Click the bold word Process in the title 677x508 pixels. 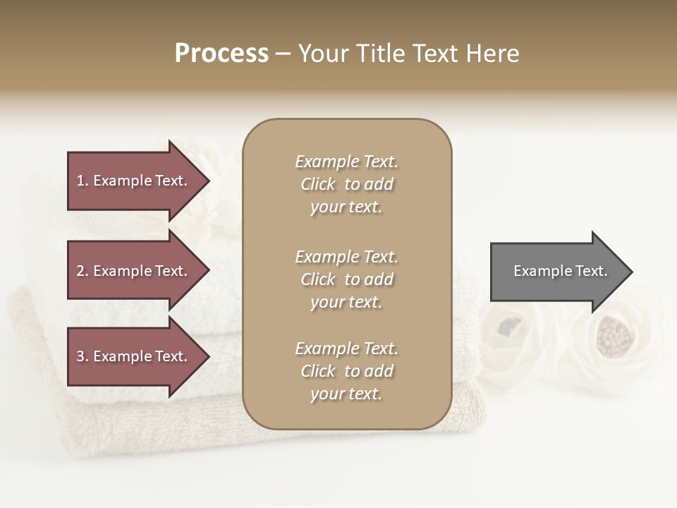[221, 54]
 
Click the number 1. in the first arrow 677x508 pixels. [83, 181]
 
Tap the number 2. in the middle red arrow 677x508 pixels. [83, 271]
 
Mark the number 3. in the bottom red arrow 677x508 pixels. [83, 356]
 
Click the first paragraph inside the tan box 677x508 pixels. [346, 184]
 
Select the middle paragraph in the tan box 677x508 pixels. [346, 279]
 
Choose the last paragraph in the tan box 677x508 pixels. [346, 371]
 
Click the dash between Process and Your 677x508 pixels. [283, 54]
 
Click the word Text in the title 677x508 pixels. [435, 54]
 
